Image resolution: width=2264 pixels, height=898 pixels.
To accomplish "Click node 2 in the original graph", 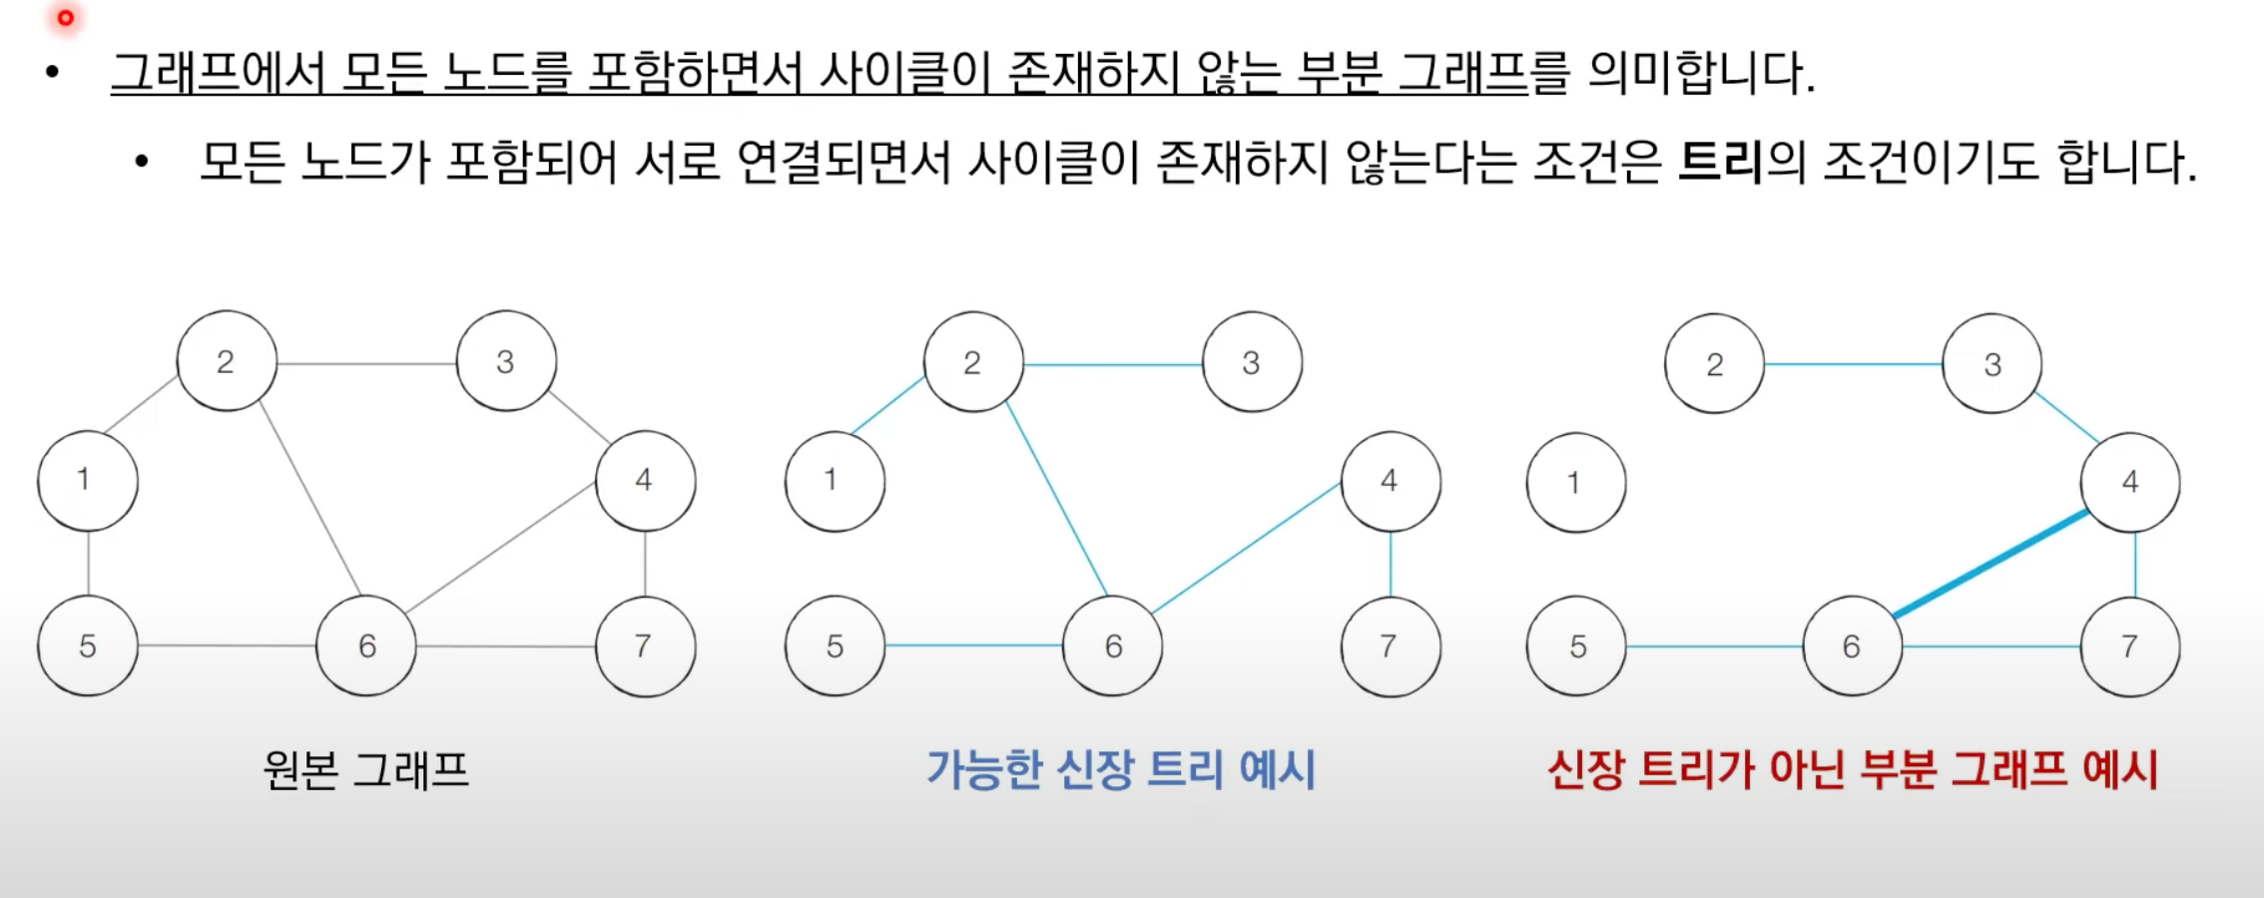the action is pos(227,361).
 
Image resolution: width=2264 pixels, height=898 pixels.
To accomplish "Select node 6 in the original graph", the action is pos(366,646).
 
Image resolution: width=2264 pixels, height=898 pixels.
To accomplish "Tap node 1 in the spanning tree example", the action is pos(835,481).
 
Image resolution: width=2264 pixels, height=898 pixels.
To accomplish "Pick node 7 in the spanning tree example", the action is pos(1391,647).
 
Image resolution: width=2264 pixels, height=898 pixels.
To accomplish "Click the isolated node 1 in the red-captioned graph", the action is pos(1576,483).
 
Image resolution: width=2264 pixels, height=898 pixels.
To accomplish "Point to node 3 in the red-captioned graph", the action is pos(1991,364).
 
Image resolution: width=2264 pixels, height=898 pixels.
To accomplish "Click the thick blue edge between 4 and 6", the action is pos(1991,564).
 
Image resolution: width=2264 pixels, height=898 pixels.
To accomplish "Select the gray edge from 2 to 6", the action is pos(309,499).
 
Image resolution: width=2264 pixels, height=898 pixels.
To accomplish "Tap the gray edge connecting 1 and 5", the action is pos(88,564).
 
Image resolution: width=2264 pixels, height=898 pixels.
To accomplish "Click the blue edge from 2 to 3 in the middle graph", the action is pos(1113,365).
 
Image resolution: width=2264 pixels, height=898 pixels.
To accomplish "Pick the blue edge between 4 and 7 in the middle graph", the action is pos(1391,564).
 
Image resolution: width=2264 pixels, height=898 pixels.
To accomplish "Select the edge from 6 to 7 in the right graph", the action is pos(1991,647).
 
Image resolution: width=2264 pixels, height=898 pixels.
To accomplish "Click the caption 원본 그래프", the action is pos(366,770).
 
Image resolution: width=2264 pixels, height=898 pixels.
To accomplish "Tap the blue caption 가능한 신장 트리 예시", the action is pos(1121,770).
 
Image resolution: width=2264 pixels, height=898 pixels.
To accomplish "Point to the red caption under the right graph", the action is pos(1853,770).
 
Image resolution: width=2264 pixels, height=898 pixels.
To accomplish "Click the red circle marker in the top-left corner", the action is pos(66,18).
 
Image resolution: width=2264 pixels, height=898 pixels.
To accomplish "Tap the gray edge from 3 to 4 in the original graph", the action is pos(579,416).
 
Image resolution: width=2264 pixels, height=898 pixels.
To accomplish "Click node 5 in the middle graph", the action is pos(835,647).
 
